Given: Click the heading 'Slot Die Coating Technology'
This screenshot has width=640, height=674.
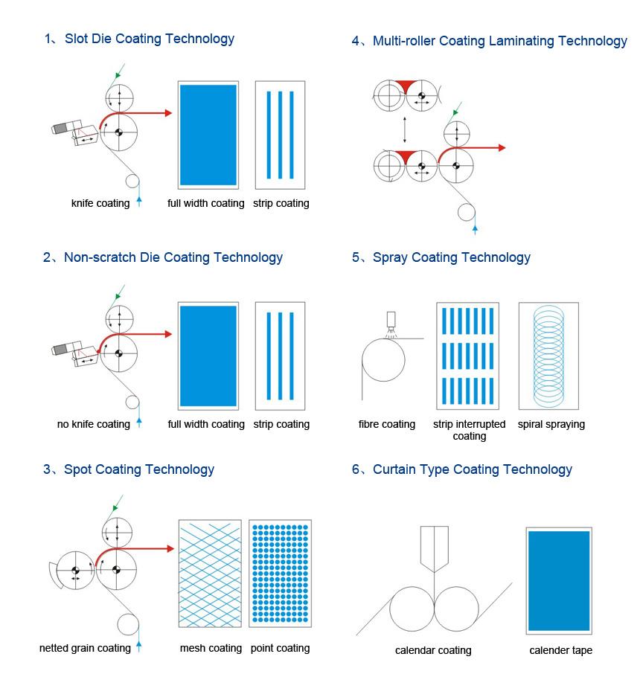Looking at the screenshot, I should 149,39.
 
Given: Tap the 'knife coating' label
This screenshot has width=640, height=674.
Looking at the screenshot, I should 100,203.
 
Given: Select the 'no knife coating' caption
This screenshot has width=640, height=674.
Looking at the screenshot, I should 94,424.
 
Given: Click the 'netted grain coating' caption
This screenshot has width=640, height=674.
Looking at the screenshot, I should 85,648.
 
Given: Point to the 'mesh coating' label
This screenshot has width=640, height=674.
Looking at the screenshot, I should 211,648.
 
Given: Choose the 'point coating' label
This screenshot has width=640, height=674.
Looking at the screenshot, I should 280,648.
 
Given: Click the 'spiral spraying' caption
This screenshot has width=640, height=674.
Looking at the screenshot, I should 551,424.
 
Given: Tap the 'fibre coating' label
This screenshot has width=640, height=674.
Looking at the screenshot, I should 387,424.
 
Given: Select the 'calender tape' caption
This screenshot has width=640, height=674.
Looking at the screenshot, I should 561,651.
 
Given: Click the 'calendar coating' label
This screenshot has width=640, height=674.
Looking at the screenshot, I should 433,651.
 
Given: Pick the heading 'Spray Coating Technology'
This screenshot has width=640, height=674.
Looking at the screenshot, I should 451,257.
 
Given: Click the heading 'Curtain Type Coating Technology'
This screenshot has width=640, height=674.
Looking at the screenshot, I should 472,469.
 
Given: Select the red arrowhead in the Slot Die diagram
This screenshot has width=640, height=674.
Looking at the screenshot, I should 167,113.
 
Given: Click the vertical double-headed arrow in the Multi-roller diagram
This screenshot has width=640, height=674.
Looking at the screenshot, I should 404,129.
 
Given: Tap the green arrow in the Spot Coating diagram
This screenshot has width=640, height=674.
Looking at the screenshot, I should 117,505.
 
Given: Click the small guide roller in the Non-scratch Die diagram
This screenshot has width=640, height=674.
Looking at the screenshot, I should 132,402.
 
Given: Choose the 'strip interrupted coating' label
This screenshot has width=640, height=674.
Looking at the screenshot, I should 469,430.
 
